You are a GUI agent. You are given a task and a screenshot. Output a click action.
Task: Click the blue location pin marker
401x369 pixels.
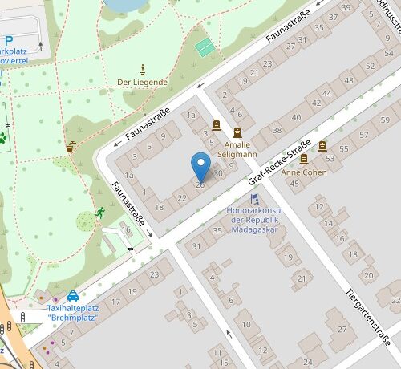pos(200,167)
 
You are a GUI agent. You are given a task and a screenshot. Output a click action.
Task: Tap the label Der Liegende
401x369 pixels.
pos(142,82)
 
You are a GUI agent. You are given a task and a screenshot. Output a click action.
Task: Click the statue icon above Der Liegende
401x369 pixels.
pos(143,68)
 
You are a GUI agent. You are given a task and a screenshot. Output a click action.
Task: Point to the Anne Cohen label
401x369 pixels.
pos(303,172)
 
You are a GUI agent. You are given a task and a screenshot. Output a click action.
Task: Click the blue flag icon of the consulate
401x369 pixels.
pos(255,198)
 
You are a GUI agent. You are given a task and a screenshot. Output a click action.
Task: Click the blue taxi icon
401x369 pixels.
pos(73,295)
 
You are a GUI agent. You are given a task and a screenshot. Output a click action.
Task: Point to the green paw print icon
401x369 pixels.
pos(3,137)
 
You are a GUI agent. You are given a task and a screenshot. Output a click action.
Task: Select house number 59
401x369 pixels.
pos(385,120)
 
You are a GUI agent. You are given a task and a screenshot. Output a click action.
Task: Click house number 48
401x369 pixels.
pos(347,81)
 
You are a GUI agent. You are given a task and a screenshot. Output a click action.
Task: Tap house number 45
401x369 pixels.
pos(294,184)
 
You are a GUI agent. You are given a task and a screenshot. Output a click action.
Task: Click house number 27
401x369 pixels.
pos(342,329)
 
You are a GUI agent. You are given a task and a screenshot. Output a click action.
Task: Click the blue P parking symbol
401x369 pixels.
pos(7,41)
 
